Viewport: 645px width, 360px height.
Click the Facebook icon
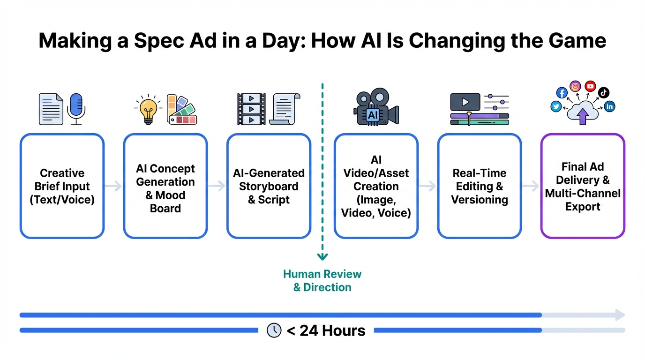coord(562,93)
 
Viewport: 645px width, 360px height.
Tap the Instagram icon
coord(575,86)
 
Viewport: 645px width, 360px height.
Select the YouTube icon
coord(590,86)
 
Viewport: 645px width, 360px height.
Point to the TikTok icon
coord(604,92)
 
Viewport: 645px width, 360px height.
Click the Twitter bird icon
coord(556,106)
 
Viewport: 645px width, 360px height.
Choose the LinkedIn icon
coord(609,106)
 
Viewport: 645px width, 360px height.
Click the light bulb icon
coord(148,109)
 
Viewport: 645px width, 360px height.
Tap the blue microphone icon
coord(76,109)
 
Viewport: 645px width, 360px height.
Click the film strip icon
coord(251,109)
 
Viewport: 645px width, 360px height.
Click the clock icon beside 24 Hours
coord(274,330)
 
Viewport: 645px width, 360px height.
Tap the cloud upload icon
coord(583,113)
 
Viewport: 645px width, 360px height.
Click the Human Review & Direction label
coord(322,280)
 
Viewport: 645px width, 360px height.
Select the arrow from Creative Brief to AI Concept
coord(113,186)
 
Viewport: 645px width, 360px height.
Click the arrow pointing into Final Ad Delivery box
coord(531,186)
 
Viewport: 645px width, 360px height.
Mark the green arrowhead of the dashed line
coord(322,256)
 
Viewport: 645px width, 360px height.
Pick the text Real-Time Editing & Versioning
coord(480,187)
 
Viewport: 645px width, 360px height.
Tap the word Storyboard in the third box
coord(269,187)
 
